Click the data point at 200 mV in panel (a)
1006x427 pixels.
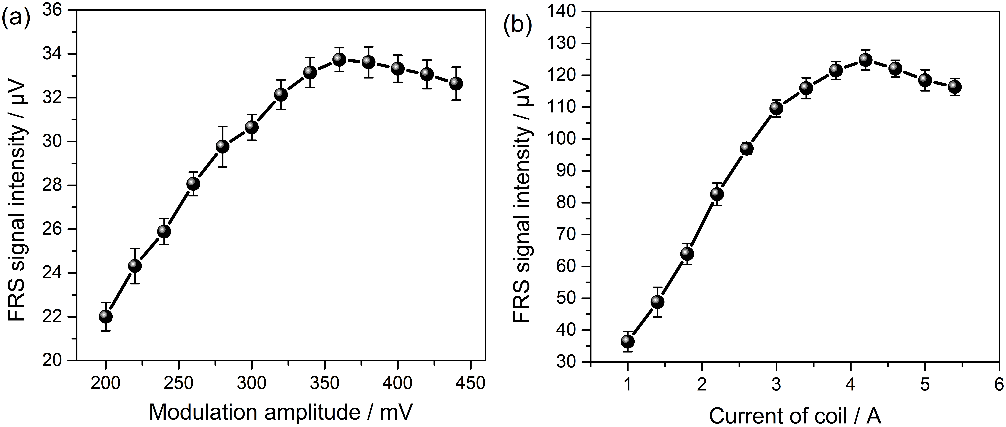tap(105, 316)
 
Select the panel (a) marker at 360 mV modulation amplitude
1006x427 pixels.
tap(339, 60)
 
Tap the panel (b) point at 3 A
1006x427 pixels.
tap(776, 108)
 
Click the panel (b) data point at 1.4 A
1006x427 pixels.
tap(657, 302)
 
